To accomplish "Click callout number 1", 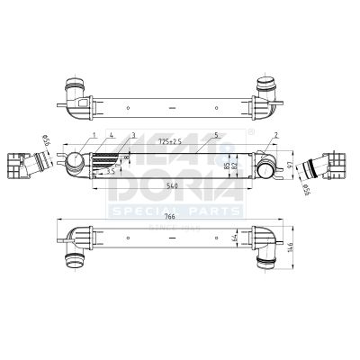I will [93, 134].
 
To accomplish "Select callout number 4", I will [112, 134].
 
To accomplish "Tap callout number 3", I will [132, 134].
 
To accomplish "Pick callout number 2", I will [275, 134].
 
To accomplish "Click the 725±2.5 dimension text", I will [170, 141].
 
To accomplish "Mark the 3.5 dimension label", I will [109, 171].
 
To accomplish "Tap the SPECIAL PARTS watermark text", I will [175, 211].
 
